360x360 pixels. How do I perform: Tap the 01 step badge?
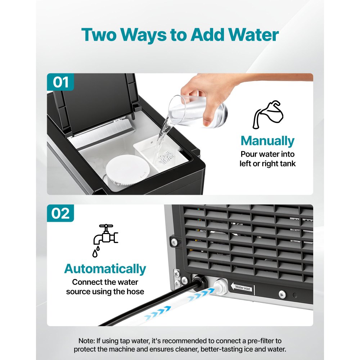[x=60, y=82]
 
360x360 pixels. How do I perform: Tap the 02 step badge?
[x=60, y=213]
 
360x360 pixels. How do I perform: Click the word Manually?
[x=267, y=141]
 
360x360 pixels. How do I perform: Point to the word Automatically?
[x=105, y=269]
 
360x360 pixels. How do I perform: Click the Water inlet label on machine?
[x=244, y=288]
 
